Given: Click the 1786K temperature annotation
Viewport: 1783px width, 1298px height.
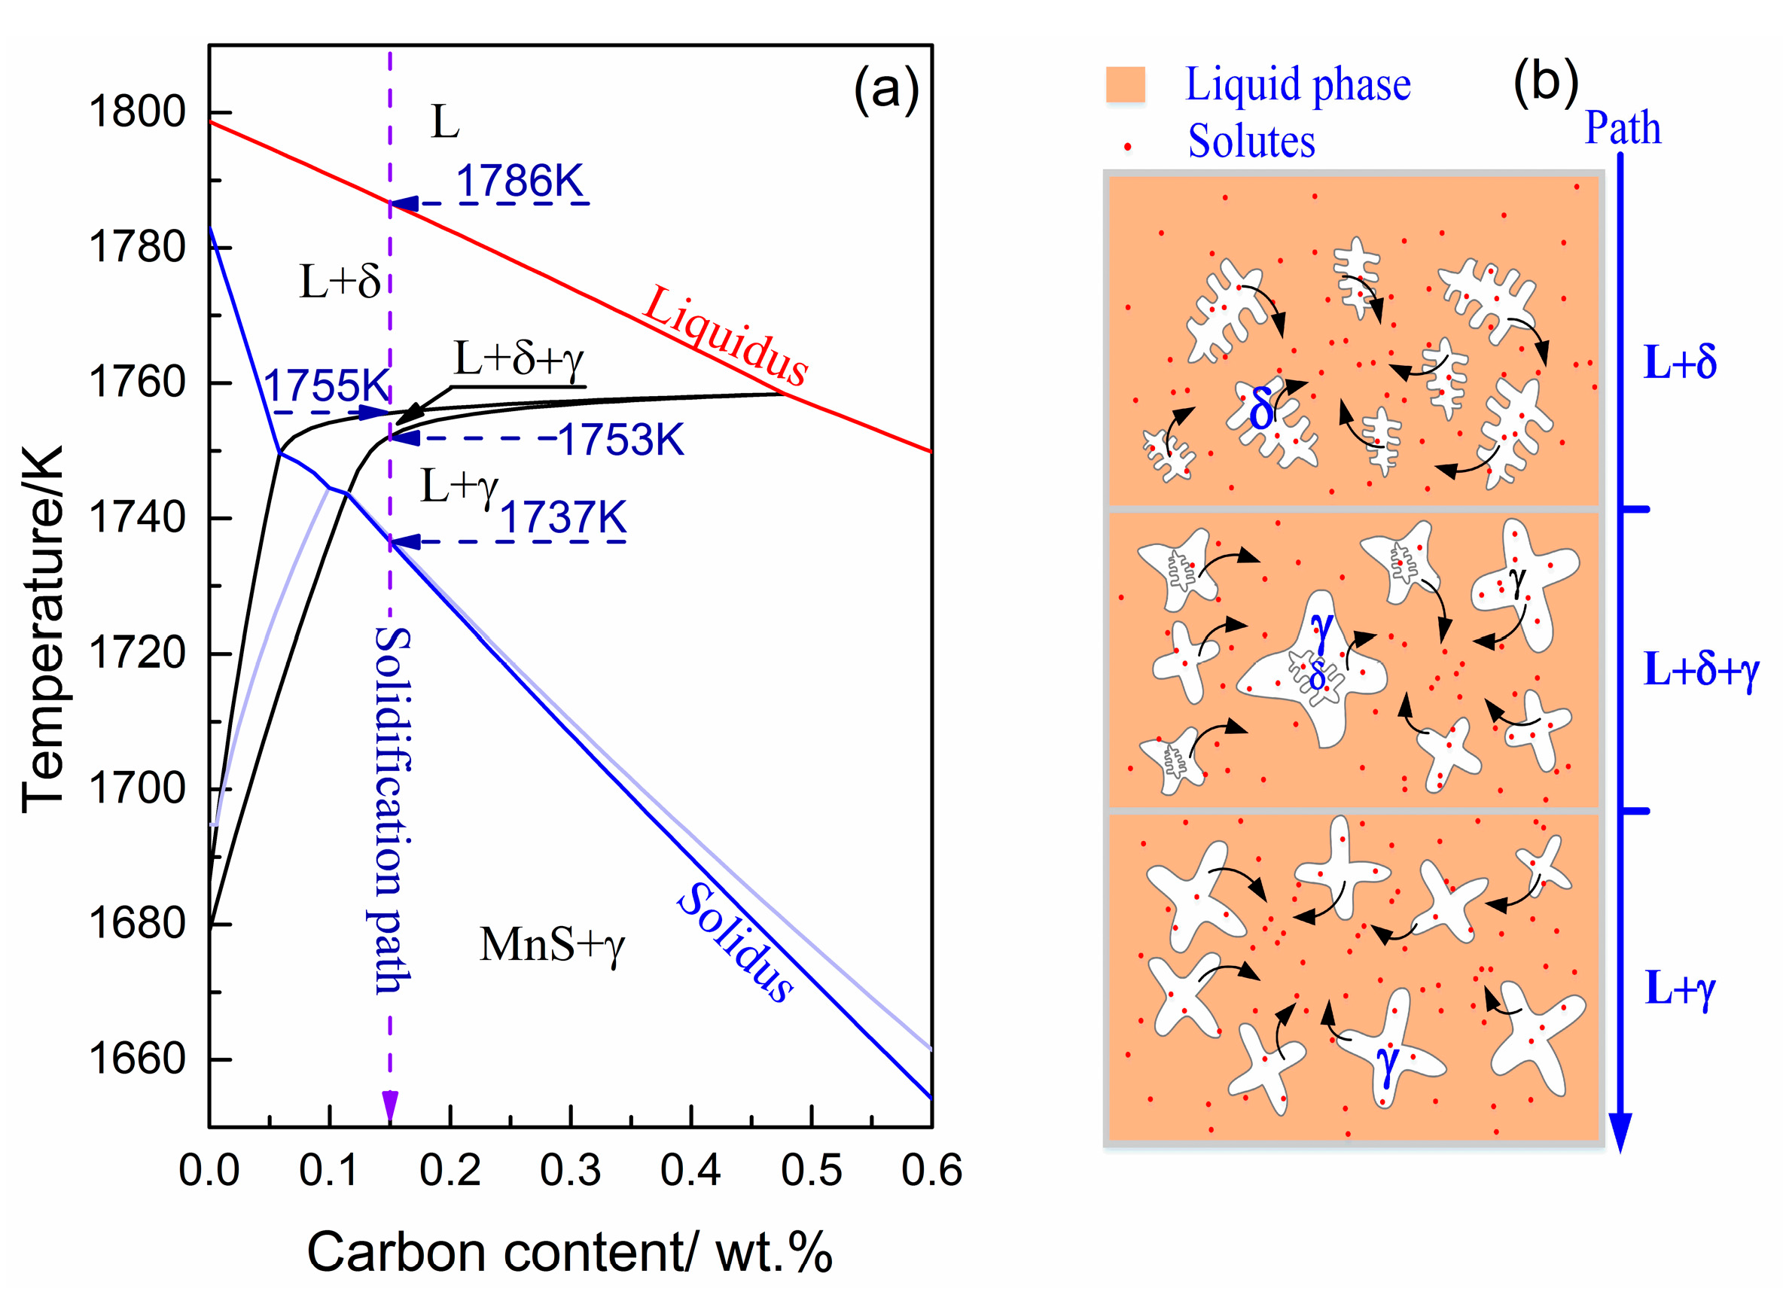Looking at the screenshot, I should pyautogui.click(x=520, y=181).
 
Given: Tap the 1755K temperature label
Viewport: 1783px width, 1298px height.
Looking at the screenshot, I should pyautogui.click(x=325, y=385).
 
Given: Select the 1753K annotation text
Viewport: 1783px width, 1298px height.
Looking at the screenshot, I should pyautogui.click(x=620, y=439).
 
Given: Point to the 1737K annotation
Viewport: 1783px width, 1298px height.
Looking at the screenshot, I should pyautogui.click(x=563, y=517).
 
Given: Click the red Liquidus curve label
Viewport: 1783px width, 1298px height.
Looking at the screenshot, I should pyautogui.click(x=725, y=336).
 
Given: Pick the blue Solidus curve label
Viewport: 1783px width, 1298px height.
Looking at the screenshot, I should pyautogui.click(x=735, y=942).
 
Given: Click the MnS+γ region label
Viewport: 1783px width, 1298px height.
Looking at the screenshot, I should pyautogui.click(x=552, y=945).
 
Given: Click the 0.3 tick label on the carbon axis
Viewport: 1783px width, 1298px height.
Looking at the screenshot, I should pyautogui.click(x=570, y=1170).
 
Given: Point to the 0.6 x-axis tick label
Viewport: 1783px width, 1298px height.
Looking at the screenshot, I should pyautogui.click(x=931, y=1170).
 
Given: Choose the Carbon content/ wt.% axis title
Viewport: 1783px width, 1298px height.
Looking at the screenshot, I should pyautogui.click(x=569, y=1251).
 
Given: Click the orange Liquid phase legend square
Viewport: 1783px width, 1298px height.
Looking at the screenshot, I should pyautogui.click(x=1125, y=85).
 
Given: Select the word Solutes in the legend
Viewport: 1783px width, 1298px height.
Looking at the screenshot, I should pyautogui.click(x=1251, y=142).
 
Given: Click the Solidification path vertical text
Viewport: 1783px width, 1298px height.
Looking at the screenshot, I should pyautogui.click(x=392, y=810).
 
